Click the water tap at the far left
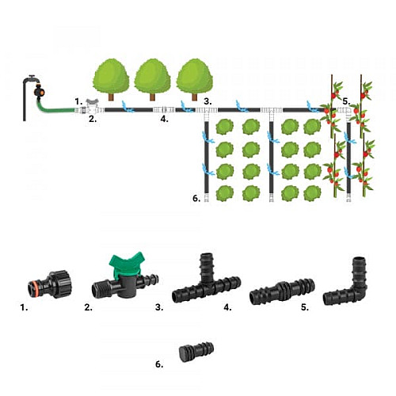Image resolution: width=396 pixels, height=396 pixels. pyautogui.click(x=29, y=82)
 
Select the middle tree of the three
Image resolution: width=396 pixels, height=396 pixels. pyautogui.click(x=152, y=79)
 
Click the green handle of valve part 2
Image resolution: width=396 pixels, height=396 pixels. pyautogui.click(x=127, y=263)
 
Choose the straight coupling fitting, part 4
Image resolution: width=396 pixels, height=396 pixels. pyautogui.click(x=282, y=291)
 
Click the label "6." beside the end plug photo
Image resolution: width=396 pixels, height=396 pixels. pyautogui.click(x=159, y=364)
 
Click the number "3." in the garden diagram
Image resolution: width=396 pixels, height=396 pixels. pyautogui.click(x=208, y=101)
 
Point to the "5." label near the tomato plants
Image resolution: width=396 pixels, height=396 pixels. pyautogui.click(x=346, y=101)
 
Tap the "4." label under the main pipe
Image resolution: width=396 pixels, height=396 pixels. pyautogui.click(x=164, y=119)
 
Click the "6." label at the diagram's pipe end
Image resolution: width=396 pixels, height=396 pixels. pyautogui.click(x=196, y=198)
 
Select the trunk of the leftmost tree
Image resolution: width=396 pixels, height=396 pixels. pyautogui.click(x=111, y=97)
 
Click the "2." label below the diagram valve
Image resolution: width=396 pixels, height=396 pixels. pyautogui.click(x=93, y=119)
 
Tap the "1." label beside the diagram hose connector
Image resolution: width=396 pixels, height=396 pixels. pyautogui.click(x=78, y=101)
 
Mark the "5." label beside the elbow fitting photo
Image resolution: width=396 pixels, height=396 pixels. pyautogui.click(x=305, y=307)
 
